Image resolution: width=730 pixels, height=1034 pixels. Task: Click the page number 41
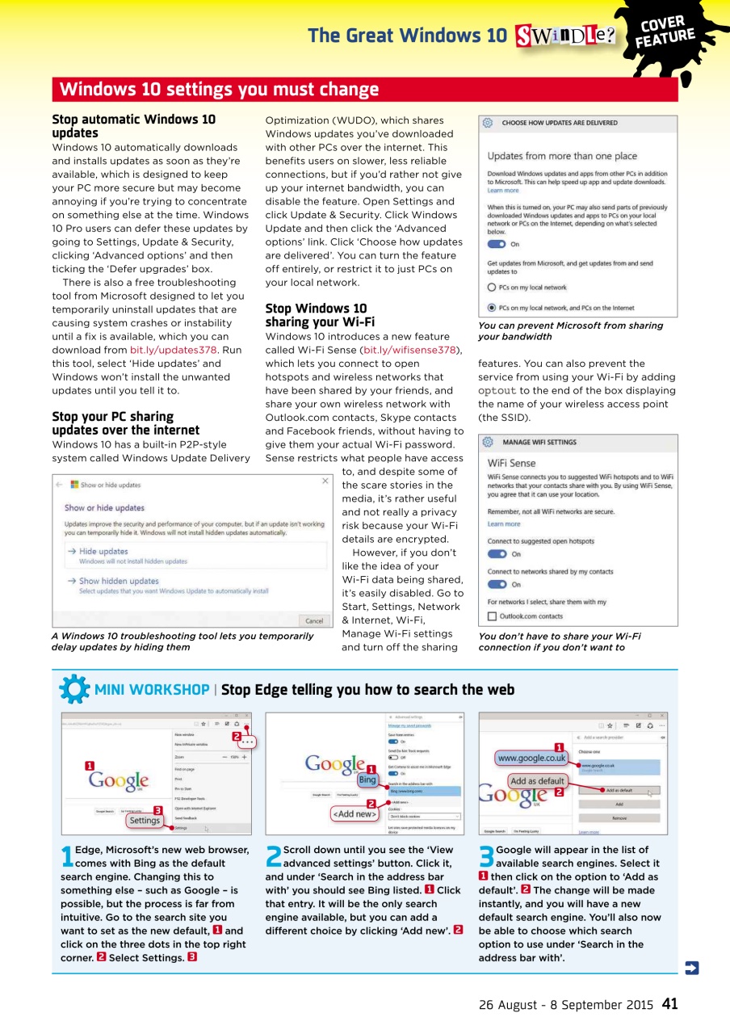tap(669, 1004)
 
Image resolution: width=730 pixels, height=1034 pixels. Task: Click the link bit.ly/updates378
tap(174, 350)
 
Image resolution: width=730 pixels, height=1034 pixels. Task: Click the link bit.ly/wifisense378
tap(410, 350)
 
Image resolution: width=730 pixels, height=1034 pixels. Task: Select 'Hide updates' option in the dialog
tap(103, 551)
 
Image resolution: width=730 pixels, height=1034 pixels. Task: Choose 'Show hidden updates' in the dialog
tap(118, 581)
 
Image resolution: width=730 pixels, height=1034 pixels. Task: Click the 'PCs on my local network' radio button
tap(492, 288)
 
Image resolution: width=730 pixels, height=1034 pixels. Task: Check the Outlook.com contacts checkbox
tap(492, 616)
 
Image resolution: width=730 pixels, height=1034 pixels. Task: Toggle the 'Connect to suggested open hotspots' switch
tap(497, 554)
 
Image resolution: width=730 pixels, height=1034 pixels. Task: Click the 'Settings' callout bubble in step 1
tap(145, 820)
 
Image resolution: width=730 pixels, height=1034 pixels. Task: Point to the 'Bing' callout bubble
tap(367, 781)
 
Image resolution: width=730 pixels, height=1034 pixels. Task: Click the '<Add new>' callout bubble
tap(354, 813)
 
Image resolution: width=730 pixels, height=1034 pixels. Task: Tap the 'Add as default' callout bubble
tap(537, 781)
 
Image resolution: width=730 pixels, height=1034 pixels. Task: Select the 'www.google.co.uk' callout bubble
tap(531, 759)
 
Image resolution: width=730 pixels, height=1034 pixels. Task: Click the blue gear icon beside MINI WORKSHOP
tap(74, 689)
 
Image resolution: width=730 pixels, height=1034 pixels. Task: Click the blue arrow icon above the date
tap(691, 967)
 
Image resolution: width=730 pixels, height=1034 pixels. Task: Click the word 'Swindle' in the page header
tap(563, 36)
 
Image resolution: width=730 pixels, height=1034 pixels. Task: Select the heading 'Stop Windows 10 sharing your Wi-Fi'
tap(316, 315)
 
